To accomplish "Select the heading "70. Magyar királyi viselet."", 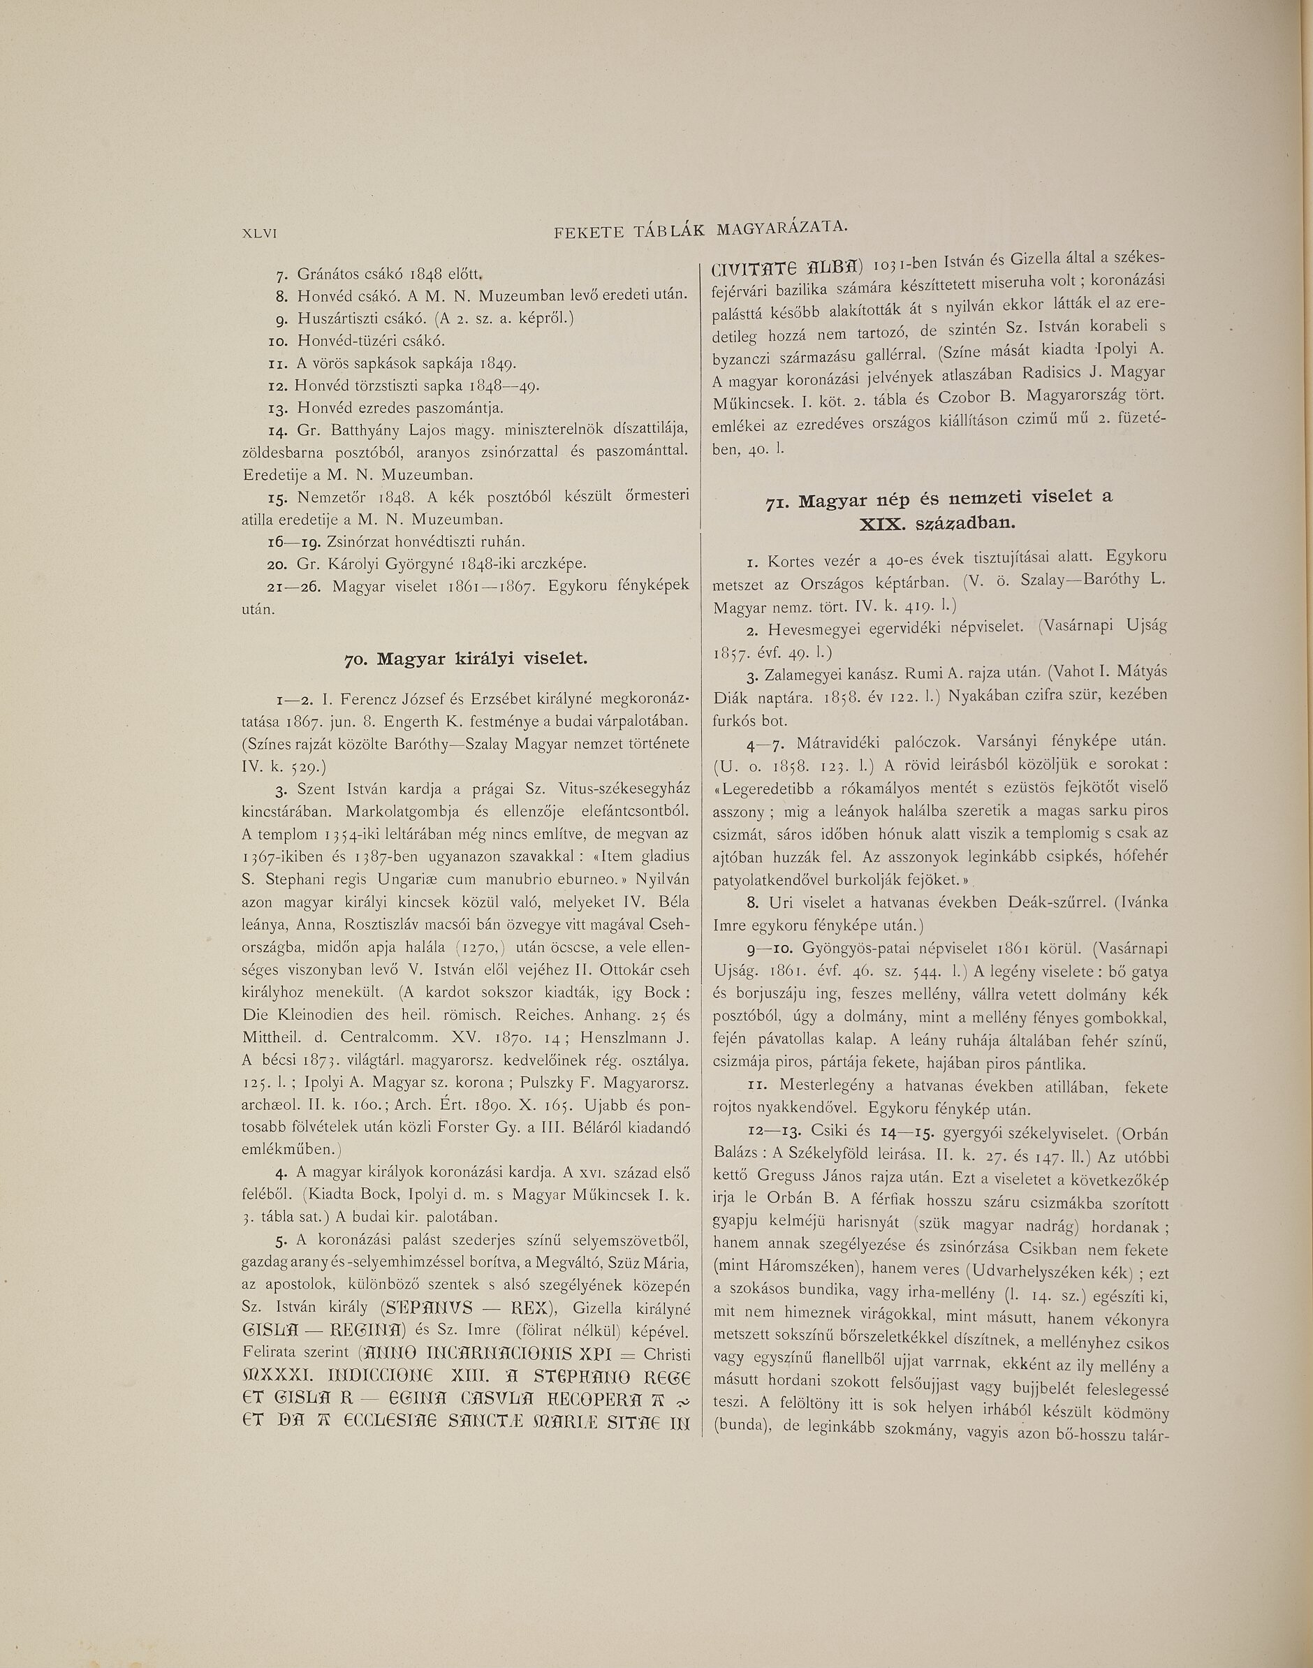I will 465,659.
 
